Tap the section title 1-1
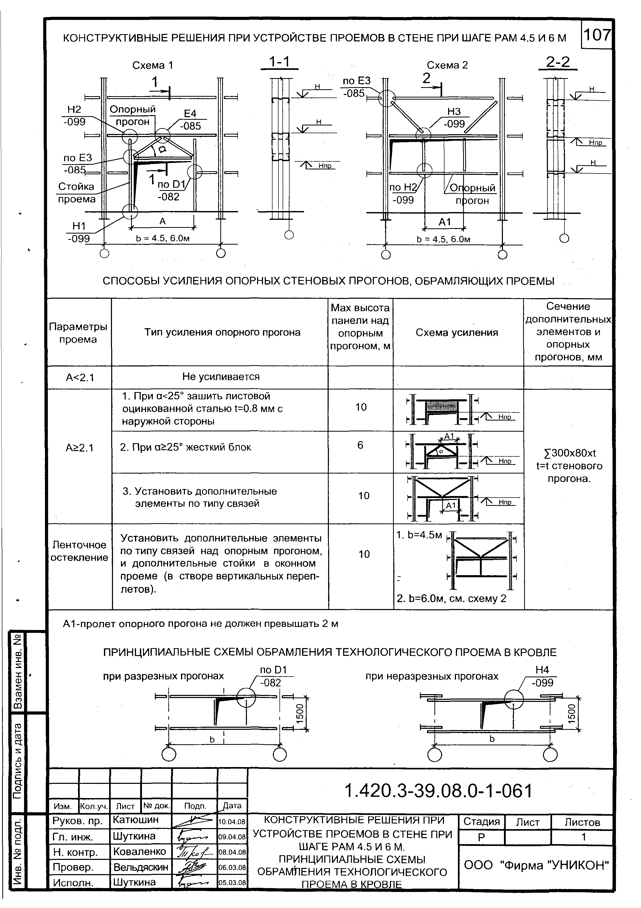279,62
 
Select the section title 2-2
558,62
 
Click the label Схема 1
153,65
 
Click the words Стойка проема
77,193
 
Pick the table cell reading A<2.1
80,378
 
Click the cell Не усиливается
221,377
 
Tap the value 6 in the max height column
360,445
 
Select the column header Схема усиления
457,333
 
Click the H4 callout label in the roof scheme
542,670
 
